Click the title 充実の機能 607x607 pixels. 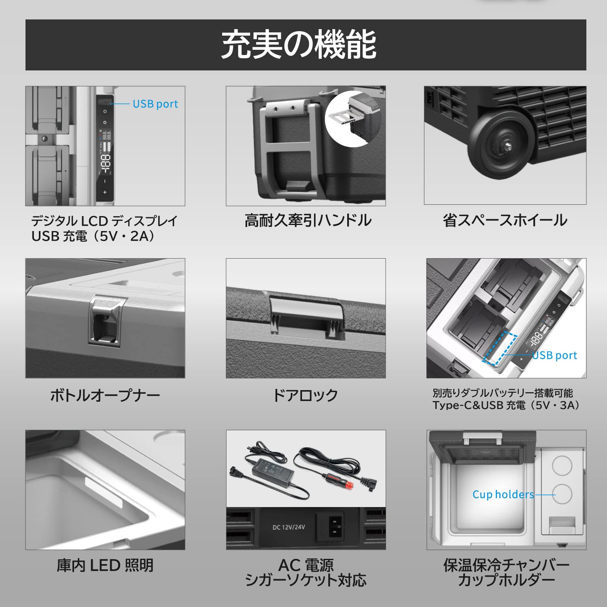pyautogui.click(x=299, y=45)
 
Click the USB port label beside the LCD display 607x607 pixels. pyautogui.click(x=155, y=104)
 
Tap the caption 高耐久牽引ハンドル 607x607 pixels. pyautogui.click(x=308, y=221)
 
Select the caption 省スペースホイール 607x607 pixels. pyautogui.click(x=505, y=221)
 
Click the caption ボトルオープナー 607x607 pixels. pyautogui.click(x=105, y=395)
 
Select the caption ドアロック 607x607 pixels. pyautogui.click(x=306, y=395)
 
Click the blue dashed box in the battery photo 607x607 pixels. pyautogui.click(x=500, y=348)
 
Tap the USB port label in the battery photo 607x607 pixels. pyautogui.click(x=554, y=355)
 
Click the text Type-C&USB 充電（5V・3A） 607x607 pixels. pyautogui.click(x=506, y=405)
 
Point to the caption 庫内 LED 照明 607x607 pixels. pyautogui.click(x=105, y=565)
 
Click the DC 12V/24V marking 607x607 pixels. pyautogui.click(x=289, y=527)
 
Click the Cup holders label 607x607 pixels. pyautogui.click(x=503, y=495)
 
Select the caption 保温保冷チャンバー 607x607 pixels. pyautogui.click(x=506, y=565)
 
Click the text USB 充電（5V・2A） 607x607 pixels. pyautogui.click(x=93, y=236)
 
